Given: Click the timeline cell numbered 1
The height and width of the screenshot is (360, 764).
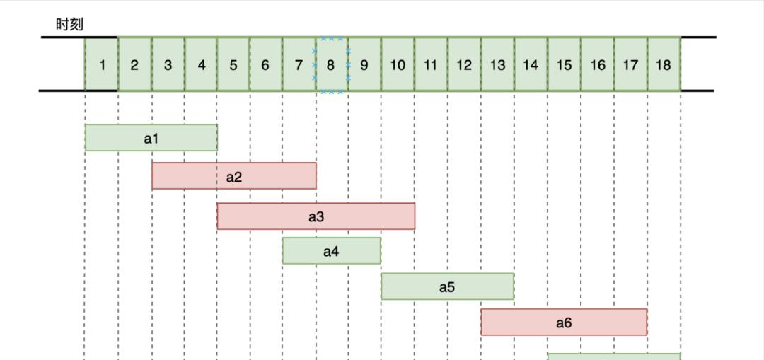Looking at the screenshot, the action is [102, 64].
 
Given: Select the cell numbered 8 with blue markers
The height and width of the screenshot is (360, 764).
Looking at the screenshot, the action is [331, 64].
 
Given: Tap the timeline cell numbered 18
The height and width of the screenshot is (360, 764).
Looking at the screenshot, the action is [664, 64].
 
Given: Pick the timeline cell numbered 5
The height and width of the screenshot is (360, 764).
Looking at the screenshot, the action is [233, 64].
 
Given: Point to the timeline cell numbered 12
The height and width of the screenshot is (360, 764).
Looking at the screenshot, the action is [464, 64].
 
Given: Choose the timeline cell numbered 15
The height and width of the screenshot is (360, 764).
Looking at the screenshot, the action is [564, 64].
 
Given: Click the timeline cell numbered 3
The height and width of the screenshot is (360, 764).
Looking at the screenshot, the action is [168, 64].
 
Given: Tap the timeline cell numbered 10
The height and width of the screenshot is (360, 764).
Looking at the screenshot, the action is [398, 64].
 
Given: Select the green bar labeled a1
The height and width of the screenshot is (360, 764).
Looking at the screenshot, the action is [151, 138].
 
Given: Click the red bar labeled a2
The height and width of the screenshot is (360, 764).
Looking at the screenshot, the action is [234, 176].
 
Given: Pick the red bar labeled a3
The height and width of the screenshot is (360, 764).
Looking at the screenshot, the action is [316, 216].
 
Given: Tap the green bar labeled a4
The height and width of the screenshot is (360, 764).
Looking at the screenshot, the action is [331, 251].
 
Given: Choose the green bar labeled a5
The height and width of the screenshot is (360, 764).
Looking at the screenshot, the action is [447, 286].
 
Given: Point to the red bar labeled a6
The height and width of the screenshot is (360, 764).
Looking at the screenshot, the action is [564, 322].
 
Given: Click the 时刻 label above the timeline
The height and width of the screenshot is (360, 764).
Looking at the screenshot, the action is [69, 24].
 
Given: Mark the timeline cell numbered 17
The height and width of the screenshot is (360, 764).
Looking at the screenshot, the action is [630, 64].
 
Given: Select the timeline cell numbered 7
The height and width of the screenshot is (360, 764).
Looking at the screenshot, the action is [299, 64].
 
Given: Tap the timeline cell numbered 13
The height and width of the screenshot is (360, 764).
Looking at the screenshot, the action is [497, 64].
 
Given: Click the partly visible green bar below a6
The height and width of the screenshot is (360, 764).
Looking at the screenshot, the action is [614, 356].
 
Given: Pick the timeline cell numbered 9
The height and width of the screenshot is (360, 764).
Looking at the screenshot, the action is [364, 64].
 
